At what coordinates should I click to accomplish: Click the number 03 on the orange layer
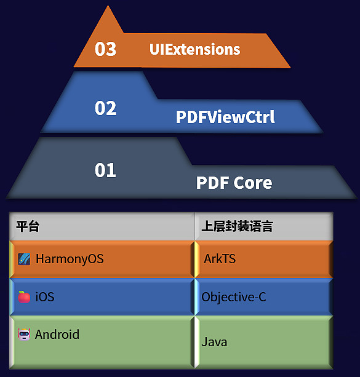(x=105, y=49)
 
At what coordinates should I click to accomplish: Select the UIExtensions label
(x=194, y=49)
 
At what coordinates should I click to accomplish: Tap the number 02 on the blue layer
(x=105, y=108)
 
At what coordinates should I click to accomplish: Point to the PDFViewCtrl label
(x=225, y=117)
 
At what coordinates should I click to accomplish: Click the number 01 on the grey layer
(x=105, y=170)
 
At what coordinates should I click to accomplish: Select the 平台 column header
(x=28, y=226)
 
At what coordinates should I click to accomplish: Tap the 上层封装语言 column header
(x=237, y=226)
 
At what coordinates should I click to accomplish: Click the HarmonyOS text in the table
(x=70, y=259)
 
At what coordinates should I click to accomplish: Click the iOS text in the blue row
(x=45, y=296)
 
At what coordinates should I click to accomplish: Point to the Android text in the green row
(x=57, y=334)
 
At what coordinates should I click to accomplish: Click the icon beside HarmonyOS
(x=24, y=259)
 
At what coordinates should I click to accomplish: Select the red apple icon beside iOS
(x=24, y=297)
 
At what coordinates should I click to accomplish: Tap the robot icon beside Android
(x=24, y=334)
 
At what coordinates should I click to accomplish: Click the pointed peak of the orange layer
(x=108, y=6)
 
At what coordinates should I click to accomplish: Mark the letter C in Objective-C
(x=262, y=297)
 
